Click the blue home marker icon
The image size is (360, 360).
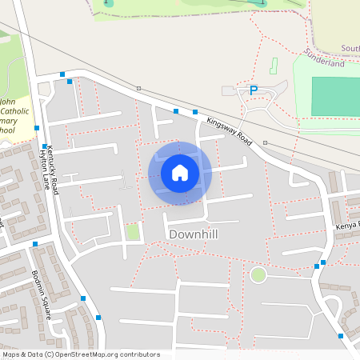click(180, 173)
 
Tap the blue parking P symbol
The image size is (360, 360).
click(254, 90)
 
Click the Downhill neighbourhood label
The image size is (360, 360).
click(193, 234)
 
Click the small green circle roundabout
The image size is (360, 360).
click(258, 276)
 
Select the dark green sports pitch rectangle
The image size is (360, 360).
click(335, 96)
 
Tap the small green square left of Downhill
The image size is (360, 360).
click(133, 233)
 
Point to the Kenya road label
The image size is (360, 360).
click(347, 226)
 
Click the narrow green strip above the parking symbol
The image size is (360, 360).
click(274, 65)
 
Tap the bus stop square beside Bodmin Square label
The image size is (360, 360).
click(83, 298)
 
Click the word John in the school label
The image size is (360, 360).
click(6, 102)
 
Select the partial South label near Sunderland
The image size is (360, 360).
click(350, 48)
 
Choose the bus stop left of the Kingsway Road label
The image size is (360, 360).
click(195, 112)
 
